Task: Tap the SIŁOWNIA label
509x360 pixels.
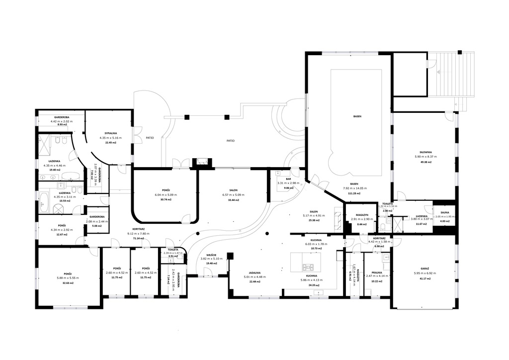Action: [x=425, y=152]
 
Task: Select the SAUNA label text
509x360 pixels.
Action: [x=442, y=212]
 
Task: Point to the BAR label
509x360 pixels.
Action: [x=288, y=179]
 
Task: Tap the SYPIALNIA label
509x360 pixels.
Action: [x=107, y=133]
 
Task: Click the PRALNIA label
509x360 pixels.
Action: [x=376, y=272]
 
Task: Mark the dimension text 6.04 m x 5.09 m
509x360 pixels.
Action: [x=166, y=194]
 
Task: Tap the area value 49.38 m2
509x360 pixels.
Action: [x=425, y=162]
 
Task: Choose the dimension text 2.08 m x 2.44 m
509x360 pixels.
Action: [x=96, y=221]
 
